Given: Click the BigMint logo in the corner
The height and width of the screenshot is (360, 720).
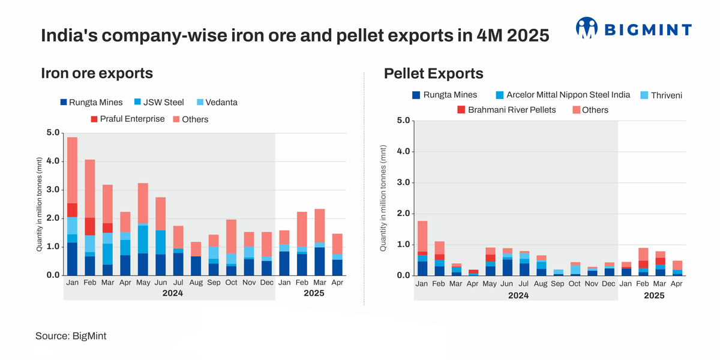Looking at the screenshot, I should (634, 28).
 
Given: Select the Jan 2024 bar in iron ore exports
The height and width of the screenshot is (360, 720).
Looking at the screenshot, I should (72, 207).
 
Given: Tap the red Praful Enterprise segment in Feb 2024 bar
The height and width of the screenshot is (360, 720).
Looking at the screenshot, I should (90, 226).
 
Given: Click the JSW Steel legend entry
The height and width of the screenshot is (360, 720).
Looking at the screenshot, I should (159, 102).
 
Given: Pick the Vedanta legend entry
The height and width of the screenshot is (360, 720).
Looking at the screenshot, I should (217, 102).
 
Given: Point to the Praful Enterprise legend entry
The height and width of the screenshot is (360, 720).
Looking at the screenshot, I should (127, 119).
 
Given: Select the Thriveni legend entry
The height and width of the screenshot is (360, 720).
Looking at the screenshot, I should (661, 95).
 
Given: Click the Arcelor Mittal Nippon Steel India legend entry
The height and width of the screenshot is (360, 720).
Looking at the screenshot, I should (563, 95).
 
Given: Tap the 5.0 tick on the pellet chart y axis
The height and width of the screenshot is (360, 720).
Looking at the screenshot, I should (403, 121).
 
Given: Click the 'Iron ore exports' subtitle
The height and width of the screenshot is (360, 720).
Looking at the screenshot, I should (97, 73).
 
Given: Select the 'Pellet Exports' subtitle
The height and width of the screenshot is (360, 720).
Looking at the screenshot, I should (433, 74).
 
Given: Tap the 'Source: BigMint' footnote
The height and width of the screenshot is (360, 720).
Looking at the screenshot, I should (71, 336).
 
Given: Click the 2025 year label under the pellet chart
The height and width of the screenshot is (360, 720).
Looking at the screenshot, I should (654, 295).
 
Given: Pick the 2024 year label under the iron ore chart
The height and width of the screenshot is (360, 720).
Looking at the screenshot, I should (172, 293).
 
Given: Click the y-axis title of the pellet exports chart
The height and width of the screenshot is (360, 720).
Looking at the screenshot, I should (383, 198).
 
